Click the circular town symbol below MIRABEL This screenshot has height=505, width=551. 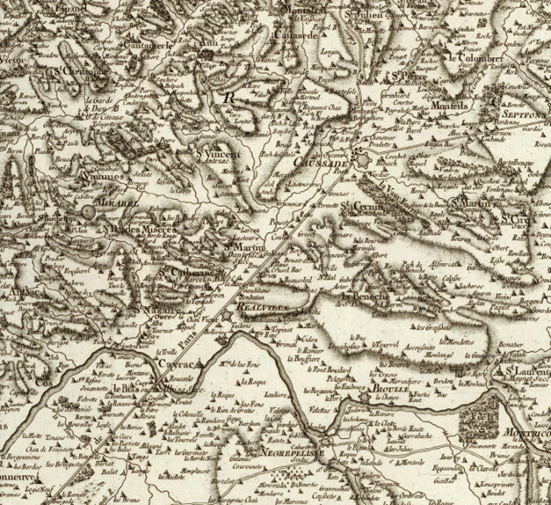[x=89, y=212]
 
